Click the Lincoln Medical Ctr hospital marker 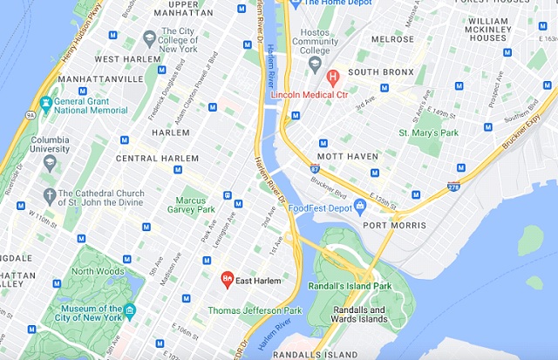[x=333, y=78]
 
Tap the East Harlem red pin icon [x=227, y=280]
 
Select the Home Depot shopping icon [x=294, y=3]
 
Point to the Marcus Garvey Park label [x=195, y=204]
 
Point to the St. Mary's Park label [x=428, y=132]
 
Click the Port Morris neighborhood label [x=395, y=225]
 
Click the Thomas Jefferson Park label [x=255, y=310]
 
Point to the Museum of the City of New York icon [x=130, y=310]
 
